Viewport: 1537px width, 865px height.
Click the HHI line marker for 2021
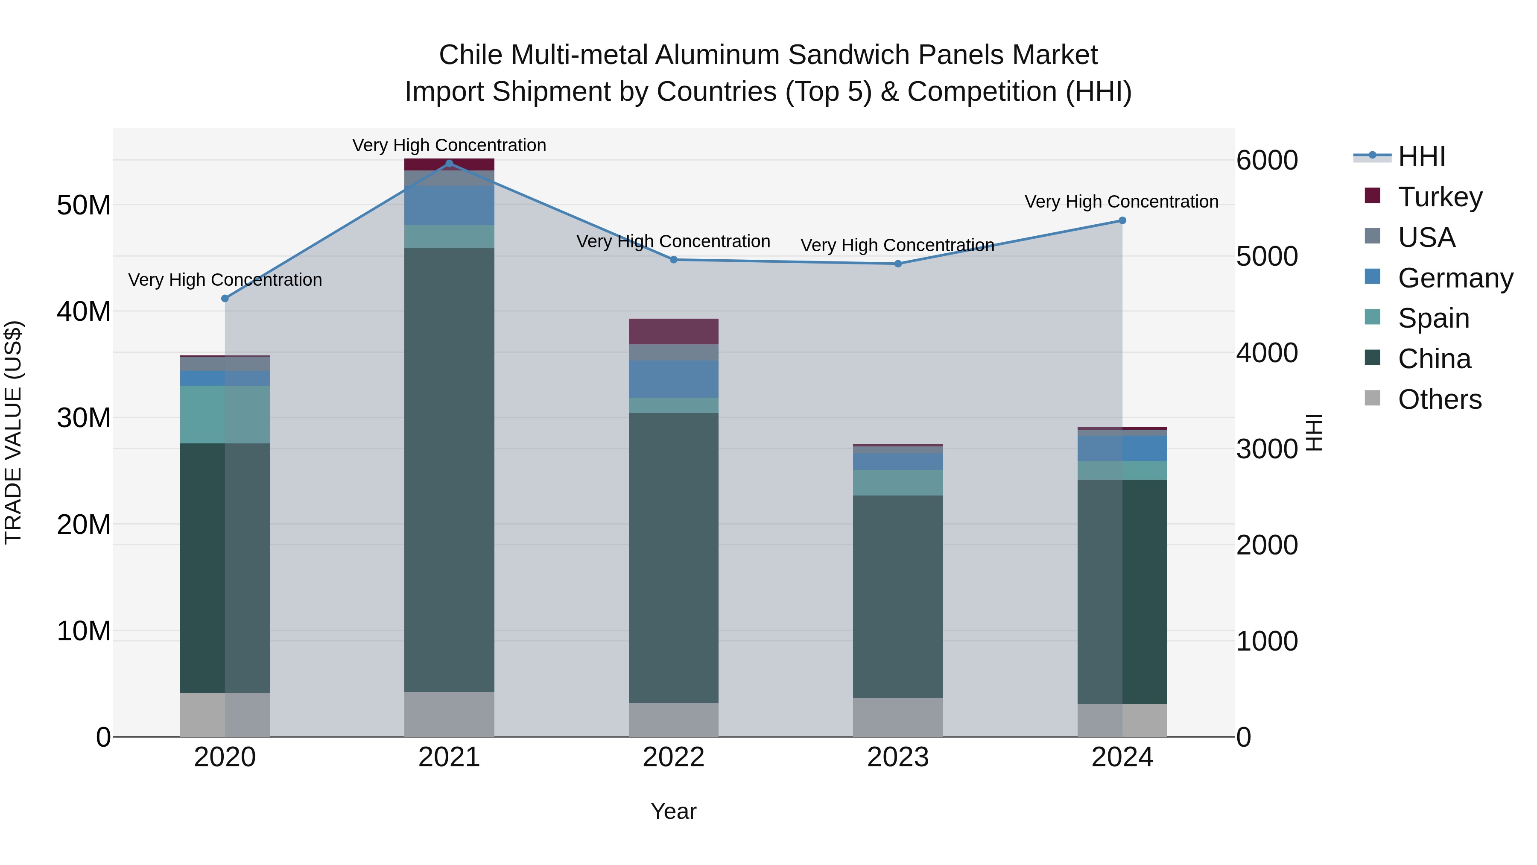(449, 163)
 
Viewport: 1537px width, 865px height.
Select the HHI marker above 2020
(225, 299)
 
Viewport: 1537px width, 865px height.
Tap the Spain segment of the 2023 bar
(897, 482)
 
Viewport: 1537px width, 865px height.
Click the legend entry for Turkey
(1440, 196)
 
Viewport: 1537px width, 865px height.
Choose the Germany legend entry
(1455, 278)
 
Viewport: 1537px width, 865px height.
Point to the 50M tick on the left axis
(84, 205)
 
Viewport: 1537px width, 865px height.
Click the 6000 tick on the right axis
(1267, 160)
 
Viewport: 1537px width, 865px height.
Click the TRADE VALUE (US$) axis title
(13, 432)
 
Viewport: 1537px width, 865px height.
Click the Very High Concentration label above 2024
(1121, 202)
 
